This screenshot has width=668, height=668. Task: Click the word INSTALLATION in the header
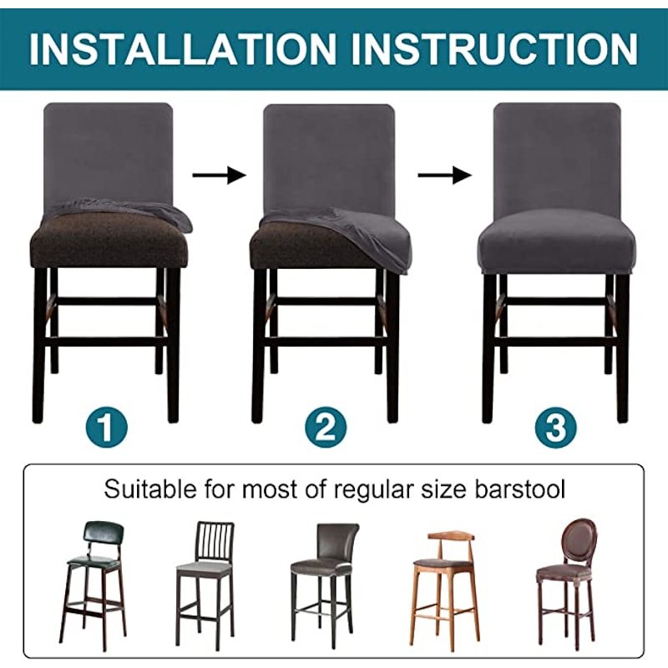tap(182, 48)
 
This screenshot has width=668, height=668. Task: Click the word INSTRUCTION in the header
tap(495, 48)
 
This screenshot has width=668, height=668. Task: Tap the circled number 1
tap(106, 427)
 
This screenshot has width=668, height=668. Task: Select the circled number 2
tap(326, 427)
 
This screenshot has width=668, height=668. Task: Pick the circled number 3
tap(555, 428)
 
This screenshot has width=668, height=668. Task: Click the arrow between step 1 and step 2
tap(220, 175)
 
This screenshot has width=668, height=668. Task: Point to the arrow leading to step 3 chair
tap(444, 175)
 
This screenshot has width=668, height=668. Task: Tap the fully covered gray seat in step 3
tap(556, 247)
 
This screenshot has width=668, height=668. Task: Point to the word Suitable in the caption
tap(150, 488)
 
